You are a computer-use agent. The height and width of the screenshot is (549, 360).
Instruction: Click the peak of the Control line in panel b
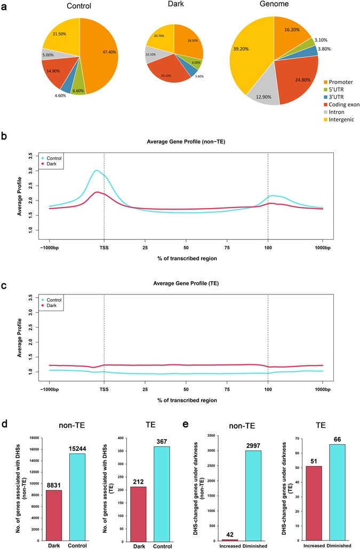96,171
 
